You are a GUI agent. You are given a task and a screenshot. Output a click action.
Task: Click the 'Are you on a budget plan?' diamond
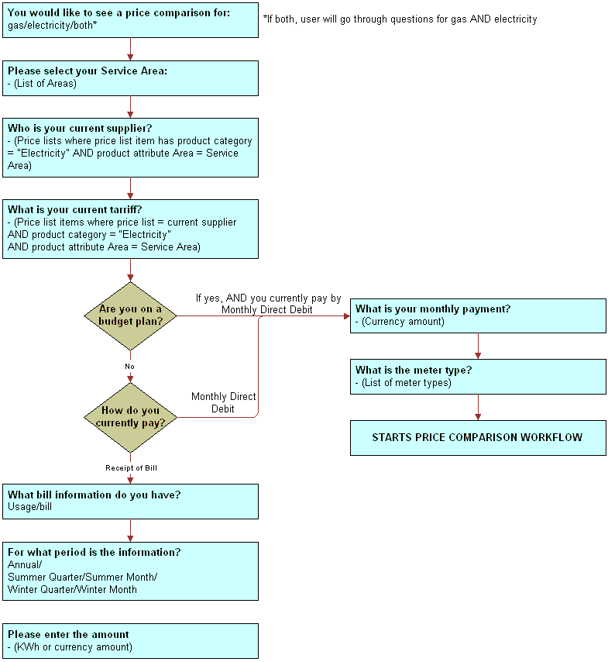pos(130,315)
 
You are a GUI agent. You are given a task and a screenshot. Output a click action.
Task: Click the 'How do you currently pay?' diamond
pos(130,417)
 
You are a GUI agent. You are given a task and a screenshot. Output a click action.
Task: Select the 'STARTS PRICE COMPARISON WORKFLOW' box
pos(477,438)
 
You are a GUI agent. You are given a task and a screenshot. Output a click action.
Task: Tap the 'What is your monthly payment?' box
pos(477,315)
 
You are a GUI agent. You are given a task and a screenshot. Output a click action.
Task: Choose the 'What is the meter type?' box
pos(477,376)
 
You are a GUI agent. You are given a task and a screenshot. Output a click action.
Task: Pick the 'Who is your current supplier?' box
pos(130,147)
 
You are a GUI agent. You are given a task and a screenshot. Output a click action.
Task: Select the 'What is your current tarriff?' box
pos(130,229)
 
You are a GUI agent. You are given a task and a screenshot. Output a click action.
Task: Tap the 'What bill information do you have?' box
pos(130,501)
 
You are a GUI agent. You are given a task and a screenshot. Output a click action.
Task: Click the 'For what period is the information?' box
pos(130,571)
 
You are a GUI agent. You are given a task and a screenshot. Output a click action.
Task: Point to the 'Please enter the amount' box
pos(130,640)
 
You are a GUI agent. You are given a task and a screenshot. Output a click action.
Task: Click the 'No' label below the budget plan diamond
pos(130,366)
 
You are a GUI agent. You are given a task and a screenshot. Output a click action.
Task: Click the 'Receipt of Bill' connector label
pos(131,467)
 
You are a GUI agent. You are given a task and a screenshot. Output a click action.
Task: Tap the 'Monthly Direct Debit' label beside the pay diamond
pos(224,402)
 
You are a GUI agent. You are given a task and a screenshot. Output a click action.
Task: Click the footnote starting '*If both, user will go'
pos(400,19)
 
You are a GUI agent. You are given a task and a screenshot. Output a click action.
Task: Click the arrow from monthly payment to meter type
pos(478,346)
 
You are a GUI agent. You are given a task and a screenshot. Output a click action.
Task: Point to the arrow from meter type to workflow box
pos(478,407)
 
